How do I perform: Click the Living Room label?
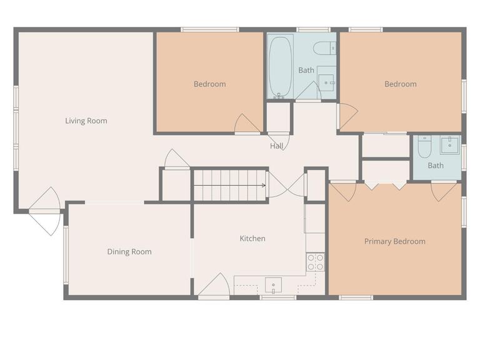click(86, 121)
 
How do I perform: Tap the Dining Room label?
click(129, 252)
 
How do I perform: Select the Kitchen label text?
click(252, 238)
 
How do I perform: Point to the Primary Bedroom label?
click(394, 241)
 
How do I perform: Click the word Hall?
click(277, 146)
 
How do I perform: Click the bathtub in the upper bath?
click(280, 66)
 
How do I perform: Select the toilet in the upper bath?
click(324, 48)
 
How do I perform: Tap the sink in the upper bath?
click(326, 81)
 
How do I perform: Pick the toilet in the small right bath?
click(424, 147)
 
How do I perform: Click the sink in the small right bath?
click(449, 146)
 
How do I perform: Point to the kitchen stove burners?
click(315, 262)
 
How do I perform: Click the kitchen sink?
click(273, 286)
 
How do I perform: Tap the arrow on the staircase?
click(263, 185)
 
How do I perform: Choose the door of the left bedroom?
click(247, 124)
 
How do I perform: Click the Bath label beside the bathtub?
click(306, 70)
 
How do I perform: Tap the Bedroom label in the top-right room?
click(400, 84)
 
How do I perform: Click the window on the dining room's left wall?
click(65, 254)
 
